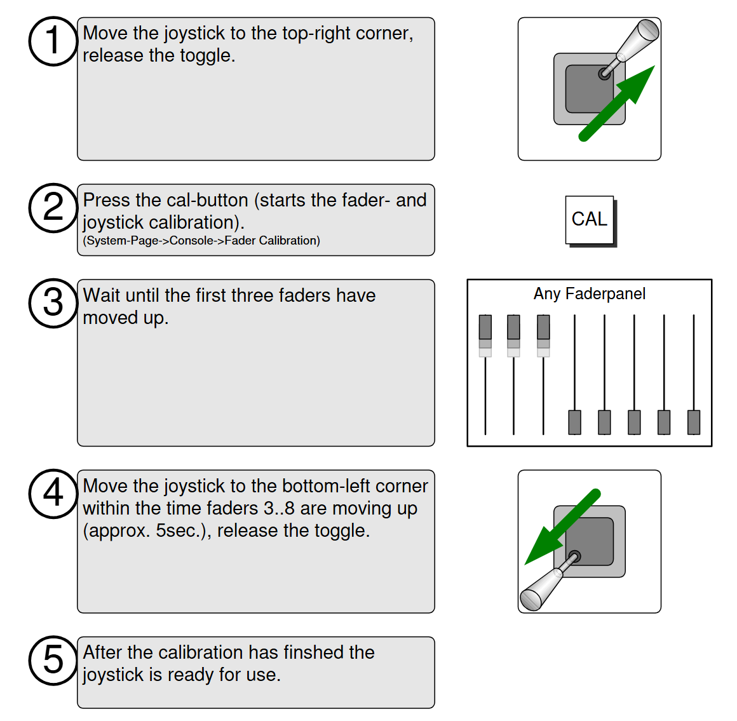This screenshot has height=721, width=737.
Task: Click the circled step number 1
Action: (53, 41)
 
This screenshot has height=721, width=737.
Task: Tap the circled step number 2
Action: (53, 208)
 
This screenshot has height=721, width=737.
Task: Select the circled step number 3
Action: (53, 303)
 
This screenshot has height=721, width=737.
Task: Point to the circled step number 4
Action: (53, 494)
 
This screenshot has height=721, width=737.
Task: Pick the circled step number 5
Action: (53, 661)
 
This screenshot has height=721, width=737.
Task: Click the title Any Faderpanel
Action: (590, 293)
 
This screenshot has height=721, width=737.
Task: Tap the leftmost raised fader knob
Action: (485, 327)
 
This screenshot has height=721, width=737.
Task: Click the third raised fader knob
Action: (543, 327)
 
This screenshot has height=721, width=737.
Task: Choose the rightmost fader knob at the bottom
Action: (694, 422)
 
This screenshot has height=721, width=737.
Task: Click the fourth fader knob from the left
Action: (574, 422)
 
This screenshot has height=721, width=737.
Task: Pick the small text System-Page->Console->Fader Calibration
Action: (201, 241)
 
